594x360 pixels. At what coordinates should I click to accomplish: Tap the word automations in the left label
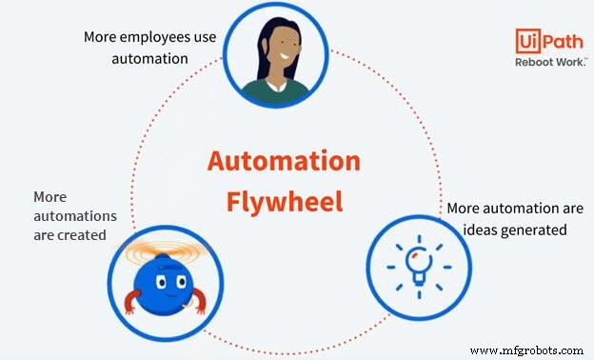point(70,216)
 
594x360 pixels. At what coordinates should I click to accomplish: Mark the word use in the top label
point(202,38)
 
